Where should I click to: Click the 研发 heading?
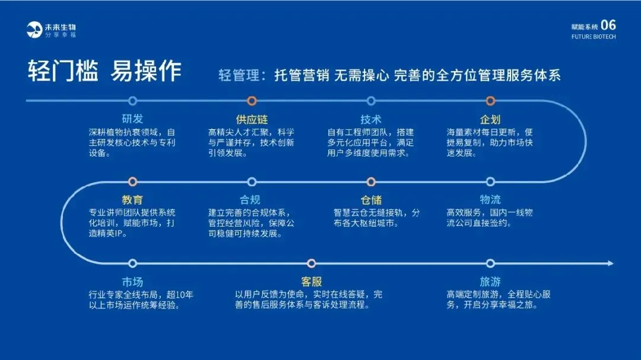point(132,119)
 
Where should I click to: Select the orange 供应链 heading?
point(252,119)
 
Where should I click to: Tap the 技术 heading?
point(371,119)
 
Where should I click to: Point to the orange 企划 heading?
point(490,119)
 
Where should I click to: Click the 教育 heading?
point(132,200)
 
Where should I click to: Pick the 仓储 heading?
point(371,200)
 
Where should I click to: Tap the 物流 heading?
point(490,200)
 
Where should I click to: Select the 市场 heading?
point(132,282)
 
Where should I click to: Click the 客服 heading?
point(312,282)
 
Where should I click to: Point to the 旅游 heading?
point(490,282)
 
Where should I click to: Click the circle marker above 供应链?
point(252,101)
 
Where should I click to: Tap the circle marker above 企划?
point(490,101)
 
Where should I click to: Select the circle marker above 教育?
point(132,181)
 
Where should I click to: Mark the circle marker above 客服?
point(312,263)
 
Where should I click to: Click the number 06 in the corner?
point(608,25)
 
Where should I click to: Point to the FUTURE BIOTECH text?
point(594,37)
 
